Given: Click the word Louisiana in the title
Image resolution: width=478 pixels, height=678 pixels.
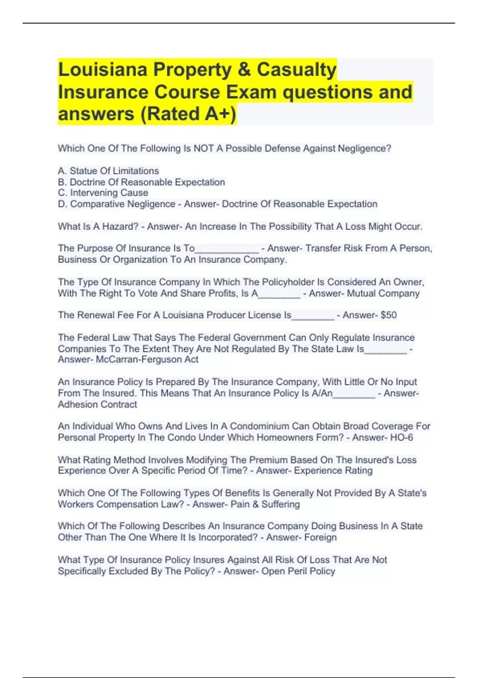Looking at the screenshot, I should (103, 70).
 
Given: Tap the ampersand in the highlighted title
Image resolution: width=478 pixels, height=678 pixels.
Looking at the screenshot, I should (243, 70).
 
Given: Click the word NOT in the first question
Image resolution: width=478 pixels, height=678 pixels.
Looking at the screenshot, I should (203, 148).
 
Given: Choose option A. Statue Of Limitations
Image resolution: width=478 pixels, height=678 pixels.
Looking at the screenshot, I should (108, 171).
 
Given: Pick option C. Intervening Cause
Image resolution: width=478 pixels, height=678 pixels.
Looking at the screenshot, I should (103, 193).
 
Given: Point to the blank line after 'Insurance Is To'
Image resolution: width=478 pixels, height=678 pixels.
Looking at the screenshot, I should (227, 250).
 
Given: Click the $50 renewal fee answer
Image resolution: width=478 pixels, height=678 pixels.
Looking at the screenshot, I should (388, 315).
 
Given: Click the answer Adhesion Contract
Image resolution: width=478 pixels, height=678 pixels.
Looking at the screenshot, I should (97, 404).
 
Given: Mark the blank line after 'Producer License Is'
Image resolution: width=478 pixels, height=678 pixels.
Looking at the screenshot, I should (313, 317).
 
